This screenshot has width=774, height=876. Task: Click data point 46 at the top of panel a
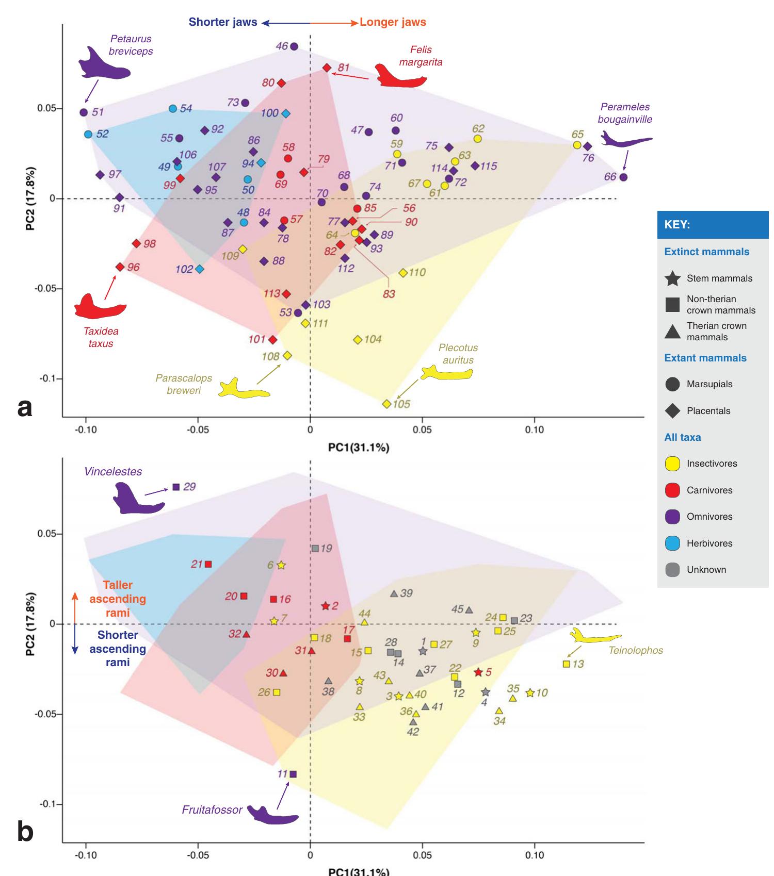[x=294, y=46]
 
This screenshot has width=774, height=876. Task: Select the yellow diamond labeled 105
[x=386, y=404]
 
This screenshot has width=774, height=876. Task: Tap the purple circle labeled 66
[x=623, y=177]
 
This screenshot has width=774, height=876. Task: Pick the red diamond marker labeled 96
[x=120, y=267]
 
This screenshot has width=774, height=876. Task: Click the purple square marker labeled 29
[x=176, y=487]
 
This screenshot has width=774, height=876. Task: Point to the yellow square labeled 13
[x=566, y=664]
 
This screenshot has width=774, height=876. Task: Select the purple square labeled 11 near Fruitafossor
[x=293, y=774]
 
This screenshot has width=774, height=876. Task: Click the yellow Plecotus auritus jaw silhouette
[x=446, y=373]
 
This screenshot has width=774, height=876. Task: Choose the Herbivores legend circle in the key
[x=672, y=543]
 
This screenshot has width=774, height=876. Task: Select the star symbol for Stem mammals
[x=672, y=278]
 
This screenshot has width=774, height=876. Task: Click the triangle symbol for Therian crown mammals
[x=672, y=332]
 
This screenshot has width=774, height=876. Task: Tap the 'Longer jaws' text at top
[x=393, y=22]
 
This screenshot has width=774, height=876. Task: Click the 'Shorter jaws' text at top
[x=223, y=22]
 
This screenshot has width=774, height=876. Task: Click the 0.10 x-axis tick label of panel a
[x=534, y=429]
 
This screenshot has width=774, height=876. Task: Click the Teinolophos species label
[x=635, y=651]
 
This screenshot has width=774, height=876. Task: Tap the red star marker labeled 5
[x=478, y=672]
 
